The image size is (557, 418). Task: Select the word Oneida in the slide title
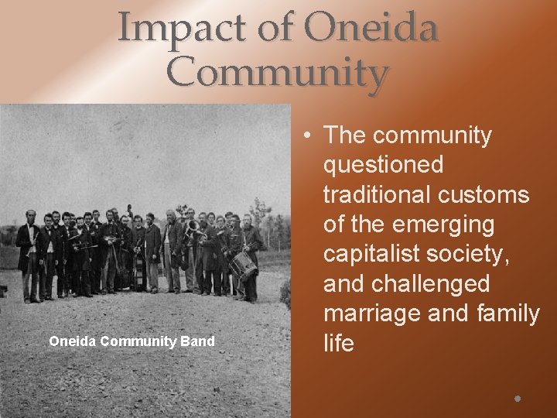point(371,29)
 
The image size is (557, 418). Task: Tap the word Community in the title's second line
point(277,74)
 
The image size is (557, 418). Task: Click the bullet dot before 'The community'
point(308,135)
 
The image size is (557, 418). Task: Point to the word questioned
point(384,165)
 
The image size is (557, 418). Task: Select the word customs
point(485,194)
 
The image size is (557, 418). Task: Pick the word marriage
point(374,313)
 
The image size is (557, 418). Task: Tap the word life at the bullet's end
point(338,343)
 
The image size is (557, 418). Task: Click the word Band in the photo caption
point(198,341)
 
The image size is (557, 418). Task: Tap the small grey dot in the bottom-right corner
point(518,399)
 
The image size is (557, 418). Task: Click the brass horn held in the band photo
point(192,230)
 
